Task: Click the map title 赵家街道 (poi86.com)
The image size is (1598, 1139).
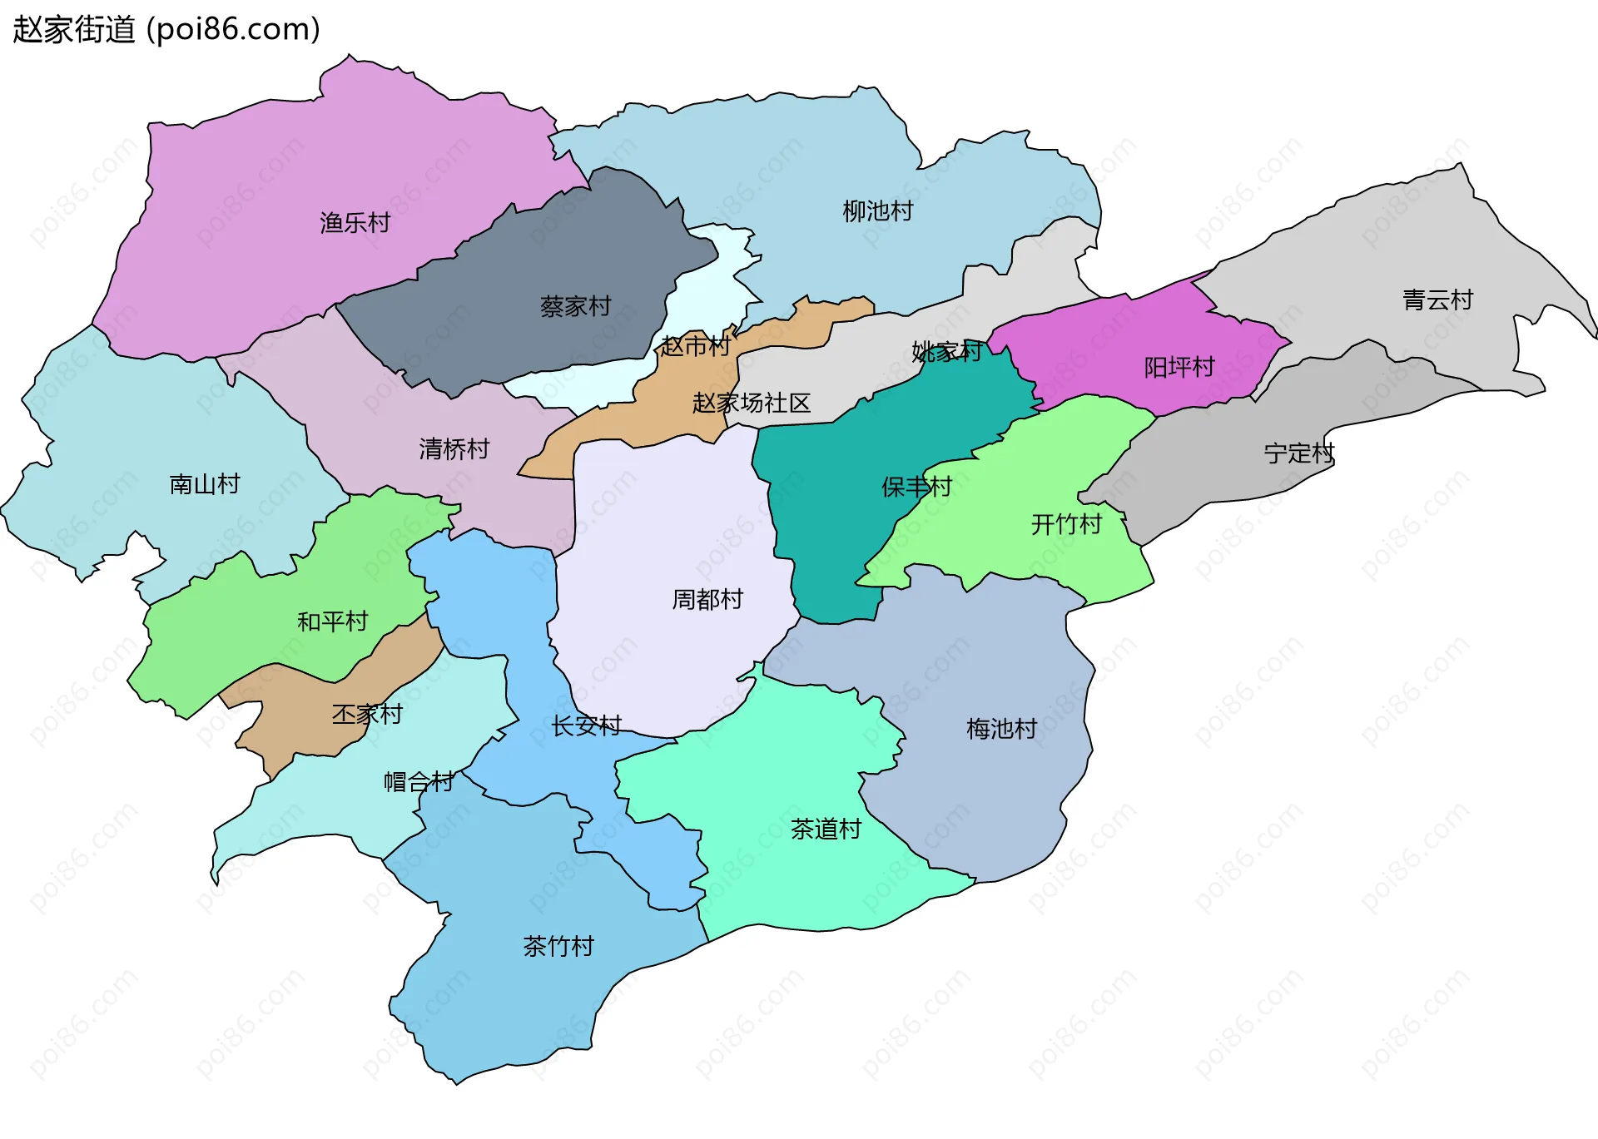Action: coord(166,30)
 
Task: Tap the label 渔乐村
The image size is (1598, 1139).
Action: coord(355,223)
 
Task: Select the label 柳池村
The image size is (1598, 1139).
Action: coord(878,211)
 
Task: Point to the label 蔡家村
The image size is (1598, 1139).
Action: coord(576,306)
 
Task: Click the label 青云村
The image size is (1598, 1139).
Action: coord(1438,300)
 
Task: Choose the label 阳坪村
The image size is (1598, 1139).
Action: coord(1179,367)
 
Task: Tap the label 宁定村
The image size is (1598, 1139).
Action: coord(1299,453)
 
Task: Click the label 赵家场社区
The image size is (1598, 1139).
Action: coord(752,404)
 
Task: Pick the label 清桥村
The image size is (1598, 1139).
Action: coord(454,449)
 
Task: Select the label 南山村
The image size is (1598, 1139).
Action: coord(205,484)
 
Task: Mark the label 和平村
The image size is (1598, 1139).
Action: coord(333,621)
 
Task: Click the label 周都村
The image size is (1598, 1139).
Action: coord(707,599)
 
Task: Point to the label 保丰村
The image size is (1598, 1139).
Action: coord(917,487)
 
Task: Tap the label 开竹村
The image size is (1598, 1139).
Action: coord(1067,524)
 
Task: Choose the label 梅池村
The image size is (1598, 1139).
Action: coord(1002,729)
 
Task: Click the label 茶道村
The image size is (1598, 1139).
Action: coord(826,829)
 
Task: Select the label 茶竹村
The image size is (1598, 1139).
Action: coord(558,946)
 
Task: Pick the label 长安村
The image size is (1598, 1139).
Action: coord(587,725)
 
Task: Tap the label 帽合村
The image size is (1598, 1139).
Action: coord(419,781)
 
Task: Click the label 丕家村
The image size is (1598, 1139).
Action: coord(367,714)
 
